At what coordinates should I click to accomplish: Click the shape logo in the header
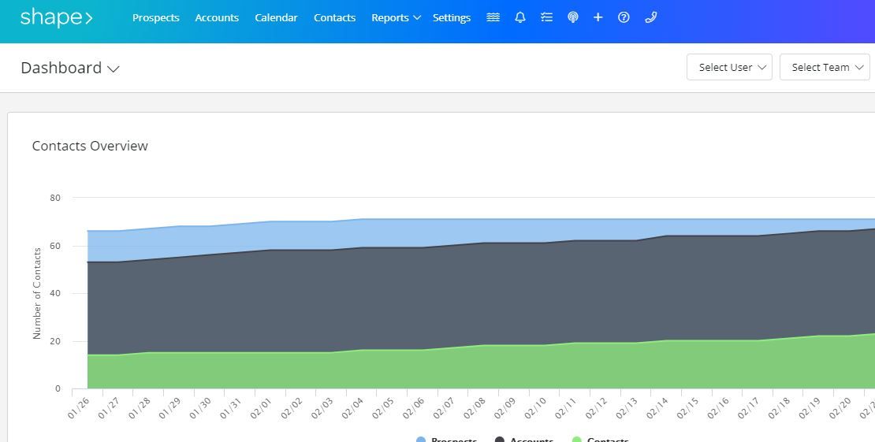pos(56,17)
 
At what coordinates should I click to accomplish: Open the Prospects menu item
pos(155,17)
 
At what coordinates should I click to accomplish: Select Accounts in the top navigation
pos(217,17)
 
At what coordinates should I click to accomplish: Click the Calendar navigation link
pos(276,17)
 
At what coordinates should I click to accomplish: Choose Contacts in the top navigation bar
pos(334,17)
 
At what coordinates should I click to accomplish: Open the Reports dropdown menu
pos(396,17)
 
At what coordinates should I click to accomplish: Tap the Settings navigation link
pos(452,17)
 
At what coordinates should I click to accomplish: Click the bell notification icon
pos(520,17)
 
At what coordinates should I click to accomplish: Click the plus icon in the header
pos(598,17)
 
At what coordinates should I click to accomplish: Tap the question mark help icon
pos(624,17)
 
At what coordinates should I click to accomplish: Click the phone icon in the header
pos(650,17)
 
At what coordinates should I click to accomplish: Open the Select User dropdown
pos(729,67)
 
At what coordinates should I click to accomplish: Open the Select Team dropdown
pos(824,67)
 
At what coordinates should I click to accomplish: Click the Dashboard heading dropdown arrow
pos(114,69)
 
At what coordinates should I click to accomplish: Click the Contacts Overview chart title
pos(90,146)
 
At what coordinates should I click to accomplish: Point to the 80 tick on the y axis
pos(55,198)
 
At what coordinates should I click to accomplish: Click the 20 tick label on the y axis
pos(55,341)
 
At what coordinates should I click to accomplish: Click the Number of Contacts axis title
pos(37,293)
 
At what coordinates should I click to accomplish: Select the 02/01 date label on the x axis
pos(261,407)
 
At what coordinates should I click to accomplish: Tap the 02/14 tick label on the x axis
pos(657,407)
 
